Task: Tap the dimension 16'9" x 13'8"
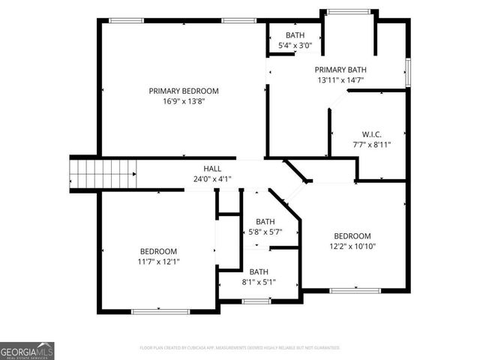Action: [184, 101]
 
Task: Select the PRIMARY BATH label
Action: [339, 68]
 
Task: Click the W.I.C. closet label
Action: [372, 134]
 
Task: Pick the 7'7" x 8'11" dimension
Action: [372, 145]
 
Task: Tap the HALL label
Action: [212, 169]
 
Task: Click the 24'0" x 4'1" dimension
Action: [212, 179]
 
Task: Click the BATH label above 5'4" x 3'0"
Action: [295, 35]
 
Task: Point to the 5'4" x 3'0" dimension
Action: [295, 46]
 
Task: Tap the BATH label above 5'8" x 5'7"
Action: [265, 221]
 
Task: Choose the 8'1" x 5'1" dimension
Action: [259, 283]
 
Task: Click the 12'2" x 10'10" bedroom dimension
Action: [352, 246]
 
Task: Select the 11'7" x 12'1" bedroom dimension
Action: [158, 262]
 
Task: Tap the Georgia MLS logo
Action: [27, 350]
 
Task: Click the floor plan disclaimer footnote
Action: [240, 348]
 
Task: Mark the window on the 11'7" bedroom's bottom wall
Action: [158, 311]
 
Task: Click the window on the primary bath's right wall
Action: [408, 71]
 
